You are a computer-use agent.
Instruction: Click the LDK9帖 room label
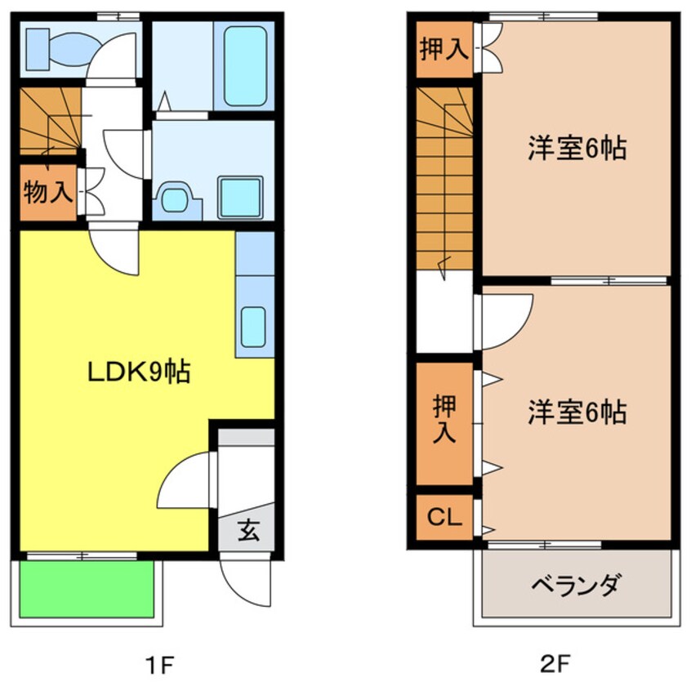tap(140, 372)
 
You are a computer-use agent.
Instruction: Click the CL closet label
tap(444, 518)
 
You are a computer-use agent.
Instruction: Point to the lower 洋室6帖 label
tap(577, 412)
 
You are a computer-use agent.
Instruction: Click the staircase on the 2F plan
tap(444, 180)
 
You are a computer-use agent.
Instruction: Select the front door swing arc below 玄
tap(247, 582)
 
